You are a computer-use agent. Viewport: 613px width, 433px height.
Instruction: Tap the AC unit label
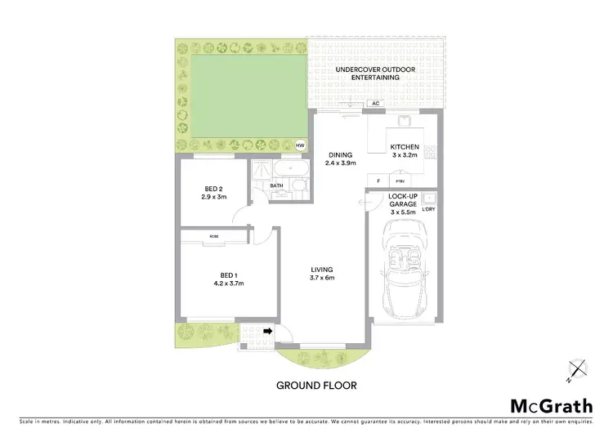click(375, 104)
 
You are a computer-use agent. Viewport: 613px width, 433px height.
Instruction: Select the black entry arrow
click(269, 331)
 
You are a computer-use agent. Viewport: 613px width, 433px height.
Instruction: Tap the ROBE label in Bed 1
click(214, 236)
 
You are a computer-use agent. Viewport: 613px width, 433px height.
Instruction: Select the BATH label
click(277, 186)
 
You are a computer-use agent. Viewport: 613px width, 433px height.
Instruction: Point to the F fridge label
click(378, 181)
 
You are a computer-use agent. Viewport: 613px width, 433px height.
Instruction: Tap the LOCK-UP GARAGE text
click(404, 204)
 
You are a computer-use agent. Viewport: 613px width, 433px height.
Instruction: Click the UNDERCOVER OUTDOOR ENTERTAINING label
click(377, 74)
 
